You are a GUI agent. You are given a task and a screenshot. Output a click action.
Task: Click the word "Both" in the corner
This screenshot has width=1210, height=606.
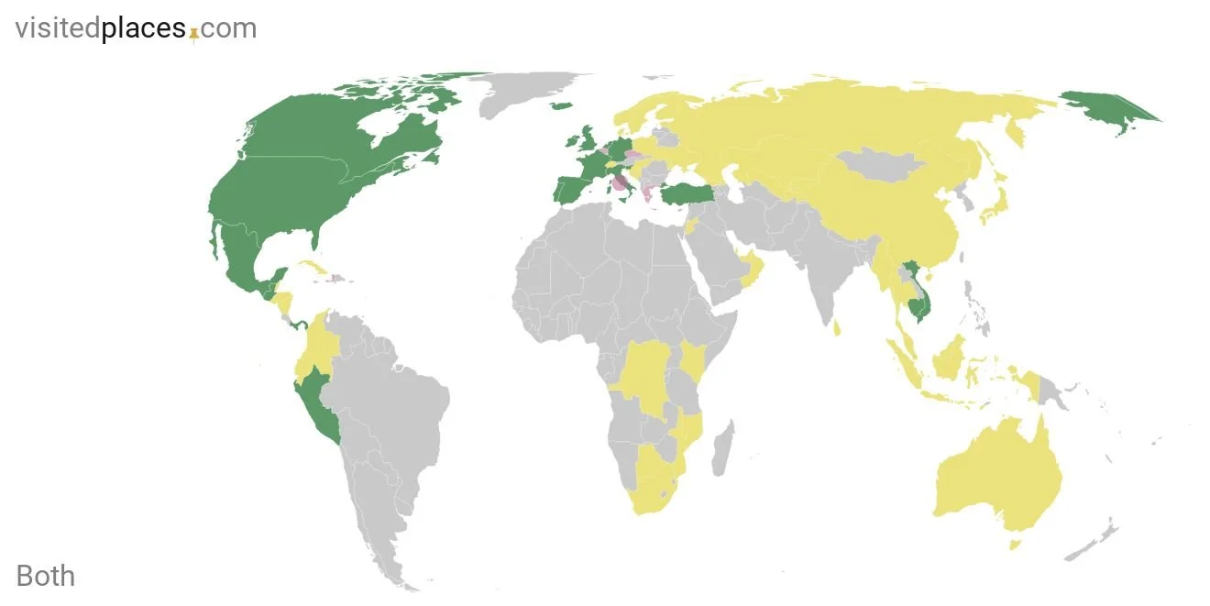click(x=46, y=576)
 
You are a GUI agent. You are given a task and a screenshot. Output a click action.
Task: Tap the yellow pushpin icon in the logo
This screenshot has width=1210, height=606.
click(x=193, y=33)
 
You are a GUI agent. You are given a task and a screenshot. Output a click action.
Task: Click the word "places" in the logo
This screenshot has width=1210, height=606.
click(x=144, y=28)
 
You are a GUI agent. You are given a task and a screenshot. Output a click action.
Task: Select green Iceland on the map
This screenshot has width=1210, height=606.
click(x=560, y=106)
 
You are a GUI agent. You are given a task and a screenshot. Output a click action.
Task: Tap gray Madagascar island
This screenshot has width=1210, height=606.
click(x=721, y=448)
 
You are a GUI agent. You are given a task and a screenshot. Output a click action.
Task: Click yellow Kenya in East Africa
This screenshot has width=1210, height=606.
click(x=695, y=361)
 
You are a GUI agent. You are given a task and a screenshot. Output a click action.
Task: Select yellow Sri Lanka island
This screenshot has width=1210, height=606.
click(x=837, y=326)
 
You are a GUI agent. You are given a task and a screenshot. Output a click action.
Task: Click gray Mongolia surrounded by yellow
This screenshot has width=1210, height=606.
click(x=885, y=165)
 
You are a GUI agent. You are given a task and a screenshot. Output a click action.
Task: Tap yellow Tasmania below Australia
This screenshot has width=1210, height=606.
click(x=1015, y=545)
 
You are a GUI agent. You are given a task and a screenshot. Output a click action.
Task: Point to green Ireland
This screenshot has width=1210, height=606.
click(x=569, y=144)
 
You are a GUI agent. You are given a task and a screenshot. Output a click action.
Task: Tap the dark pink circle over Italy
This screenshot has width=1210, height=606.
click(x=620, y=182)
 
